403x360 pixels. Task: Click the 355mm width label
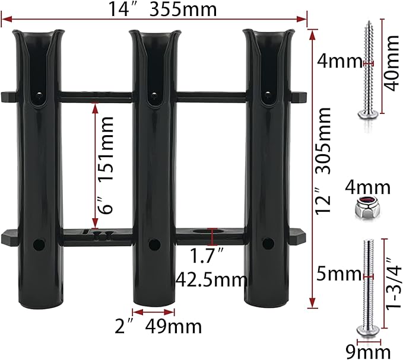coord(183,9)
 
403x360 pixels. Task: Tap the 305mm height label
coord(323,141)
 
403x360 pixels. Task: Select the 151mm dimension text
coord(106,149)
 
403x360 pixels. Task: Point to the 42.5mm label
coord(211,280)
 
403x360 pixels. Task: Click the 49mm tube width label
coord(173,326)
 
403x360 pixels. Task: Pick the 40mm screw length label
coord(392,63)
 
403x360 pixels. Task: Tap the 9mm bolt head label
coord(368,352)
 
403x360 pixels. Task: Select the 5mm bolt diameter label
coord(339,274)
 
